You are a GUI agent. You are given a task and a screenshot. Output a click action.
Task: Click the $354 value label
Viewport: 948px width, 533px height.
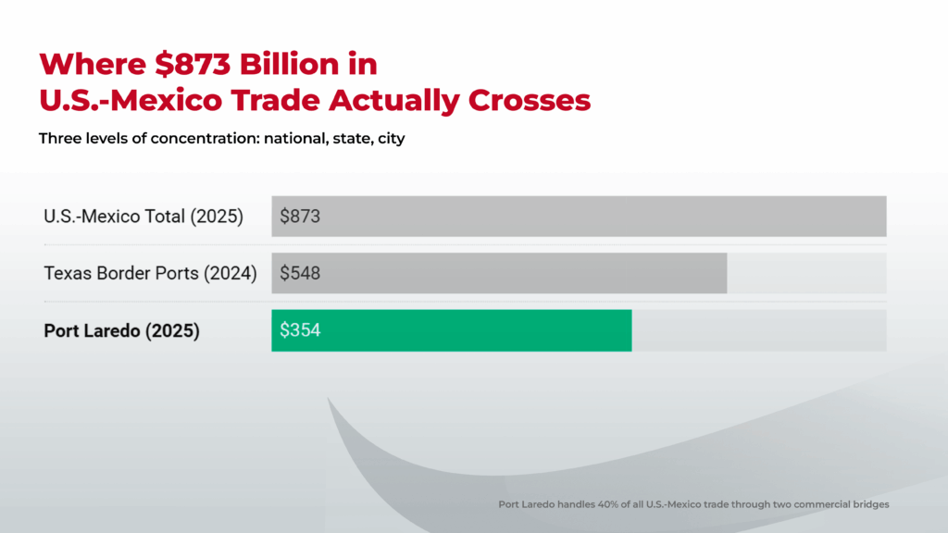[300, 330]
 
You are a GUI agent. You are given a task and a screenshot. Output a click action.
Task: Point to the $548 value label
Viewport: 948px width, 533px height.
[300, 273]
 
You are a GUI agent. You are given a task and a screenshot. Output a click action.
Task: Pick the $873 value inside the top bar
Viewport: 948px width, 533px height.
[300, 217]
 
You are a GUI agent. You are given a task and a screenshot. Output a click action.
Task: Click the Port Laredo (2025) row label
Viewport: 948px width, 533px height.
[122, 330]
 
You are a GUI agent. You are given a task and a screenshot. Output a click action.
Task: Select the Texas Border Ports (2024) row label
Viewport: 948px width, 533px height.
[150, 273]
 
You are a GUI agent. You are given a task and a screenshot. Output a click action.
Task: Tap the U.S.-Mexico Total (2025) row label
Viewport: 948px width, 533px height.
[143, 217]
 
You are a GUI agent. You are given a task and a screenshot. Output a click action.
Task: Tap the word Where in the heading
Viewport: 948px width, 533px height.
[83, 65]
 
